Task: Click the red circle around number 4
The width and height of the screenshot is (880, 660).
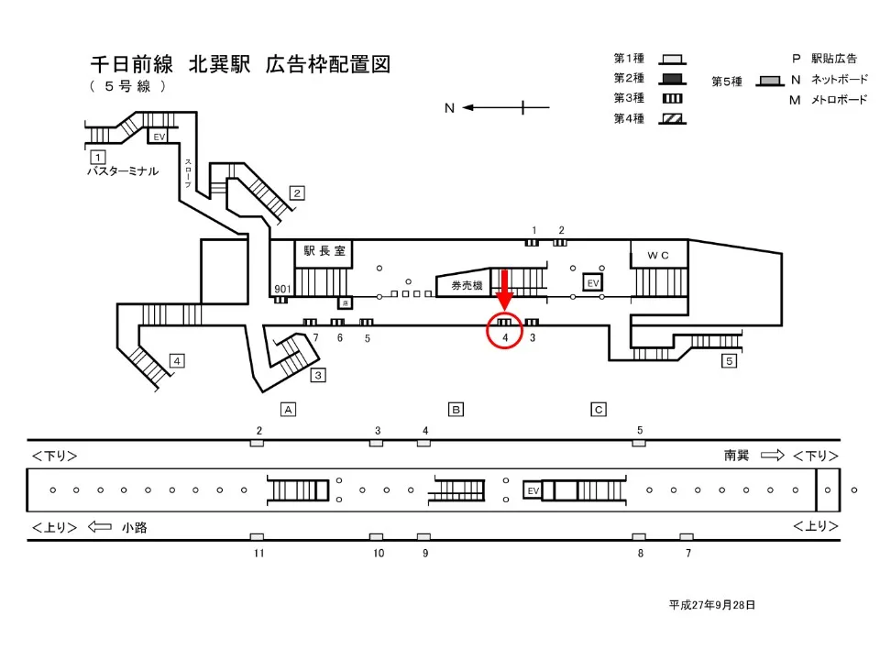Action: point(504,330)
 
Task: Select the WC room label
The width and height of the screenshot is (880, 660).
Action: point(659,254)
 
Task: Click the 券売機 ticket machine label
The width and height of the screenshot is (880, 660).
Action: point(466,286)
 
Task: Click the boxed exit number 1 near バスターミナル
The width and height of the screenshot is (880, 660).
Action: point(96,156)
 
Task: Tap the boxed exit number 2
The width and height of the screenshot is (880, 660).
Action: point(297,192)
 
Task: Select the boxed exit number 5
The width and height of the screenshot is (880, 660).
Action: point(729,361)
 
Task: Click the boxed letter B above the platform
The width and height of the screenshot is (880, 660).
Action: point(455,409)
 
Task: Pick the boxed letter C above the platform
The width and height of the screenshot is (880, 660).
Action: point(599,409)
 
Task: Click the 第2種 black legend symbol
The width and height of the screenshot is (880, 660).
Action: point(672,78)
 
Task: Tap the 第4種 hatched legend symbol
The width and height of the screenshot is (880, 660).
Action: point(672,118)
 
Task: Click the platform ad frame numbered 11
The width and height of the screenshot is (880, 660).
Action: point(257,537)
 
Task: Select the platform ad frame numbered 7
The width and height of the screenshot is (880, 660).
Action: point(687,537)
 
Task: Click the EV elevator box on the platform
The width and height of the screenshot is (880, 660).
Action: point(533,491)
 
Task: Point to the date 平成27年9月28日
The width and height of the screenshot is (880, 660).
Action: point(711,605)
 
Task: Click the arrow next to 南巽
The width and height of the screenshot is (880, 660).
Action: point(773,455)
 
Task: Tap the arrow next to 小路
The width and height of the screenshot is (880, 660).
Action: point(100,527)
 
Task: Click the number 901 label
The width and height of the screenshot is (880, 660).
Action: point(282,290)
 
